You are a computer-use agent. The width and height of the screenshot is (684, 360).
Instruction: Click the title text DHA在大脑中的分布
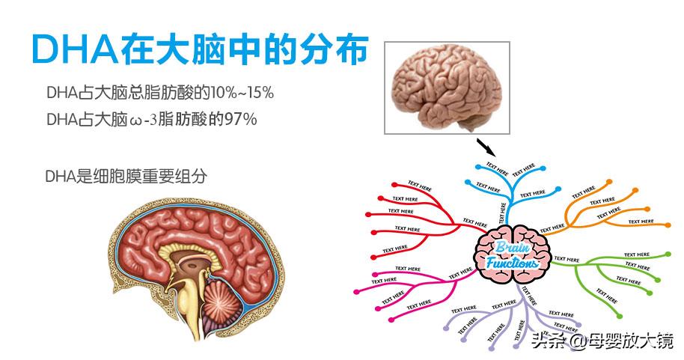click(x=200, y=49)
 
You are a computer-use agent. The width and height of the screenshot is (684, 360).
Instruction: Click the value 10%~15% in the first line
click(x=244, y=94)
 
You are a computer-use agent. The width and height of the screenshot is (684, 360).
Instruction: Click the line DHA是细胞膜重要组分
click(x=126, y=177)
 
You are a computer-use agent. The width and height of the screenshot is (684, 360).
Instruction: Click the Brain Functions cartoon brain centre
click(x=513, y=254)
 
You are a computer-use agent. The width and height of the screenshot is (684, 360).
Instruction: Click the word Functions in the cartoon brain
click(x=513, y=263)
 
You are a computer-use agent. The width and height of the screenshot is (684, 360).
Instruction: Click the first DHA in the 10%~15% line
click(x=58, y=94)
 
